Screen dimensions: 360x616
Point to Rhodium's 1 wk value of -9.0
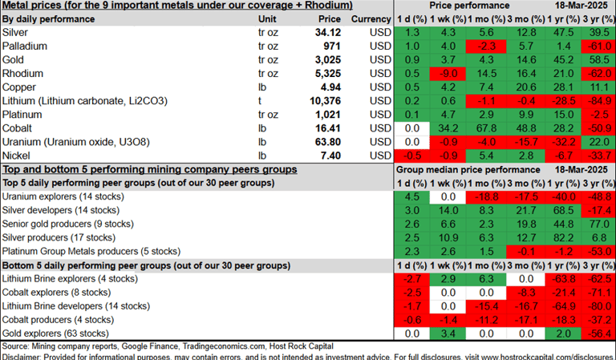click(448, 73)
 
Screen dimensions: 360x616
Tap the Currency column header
click(370, 18)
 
